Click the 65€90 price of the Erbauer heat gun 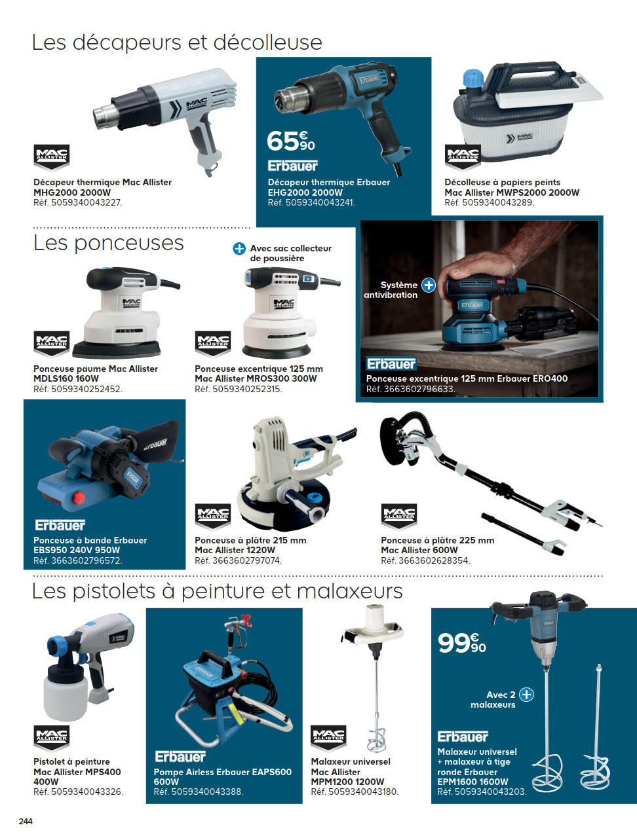pyautogui.click(x=291, y=141)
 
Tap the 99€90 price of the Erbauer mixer pyautogui.click(x=462, y=643)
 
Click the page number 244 pyautogui.click(x=26, y=822)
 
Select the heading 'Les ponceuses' pyautogui.click(x=109, y=243)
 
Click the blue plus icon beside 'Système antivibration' pyautogui.click(x=429, y=285)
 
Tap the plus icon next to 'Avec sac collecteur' pyautogui.click(x=239, y=249)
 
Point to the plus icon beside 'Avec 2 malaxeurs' pyautogui.click(x=526, y=695)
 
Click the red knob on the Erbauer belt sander pyautogui.click(x=79, y=498)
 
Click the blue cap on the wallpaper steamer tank pyautogui.click(x=473, y=78)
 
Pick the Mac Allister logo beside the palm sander pyautogui.click(x=51, y=343)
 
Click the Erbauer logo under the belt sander pyautogui.click(x=60, y=525)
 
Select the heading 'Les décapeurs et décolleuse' pyautogui.click(x=177, y=42)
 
